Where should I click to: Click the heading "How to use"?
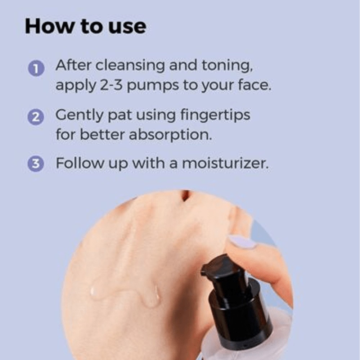(85, 27)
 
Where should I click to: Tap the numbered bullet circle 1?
(36, 68)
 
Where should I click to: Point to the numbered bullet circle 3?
(36, 164)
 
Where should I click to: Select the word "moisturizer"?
(225, 163)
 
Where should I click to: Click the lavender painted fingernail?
(242, 241)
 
